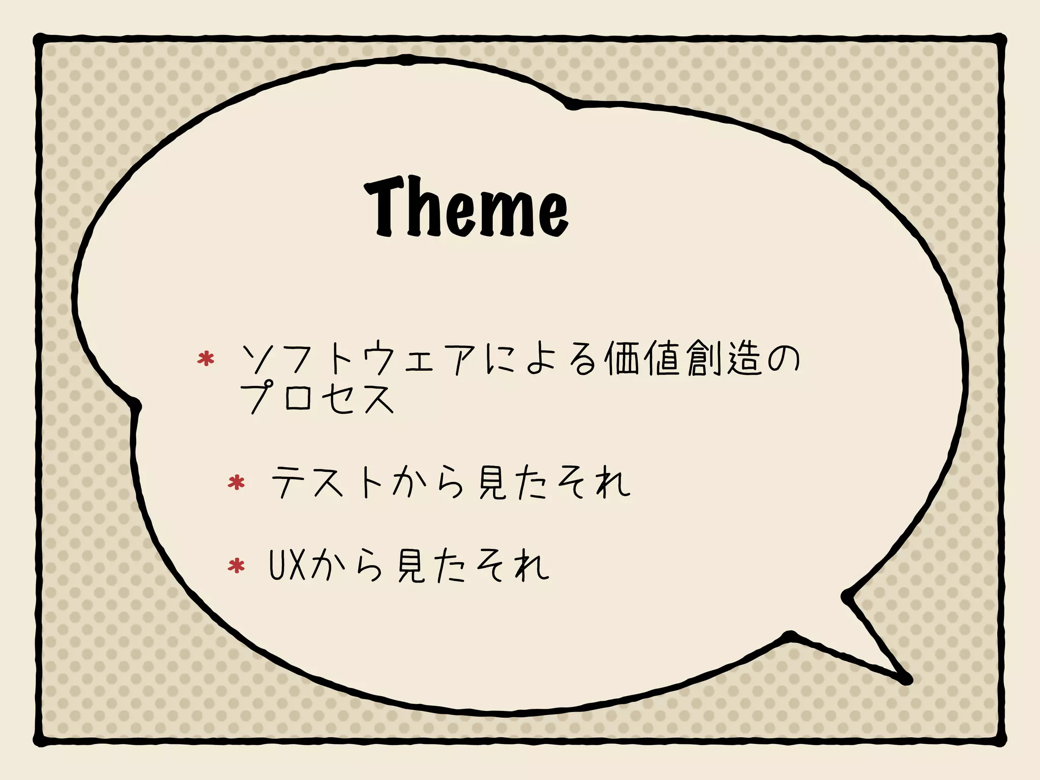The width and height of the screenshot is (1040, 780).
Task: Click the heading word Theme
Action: click(x=466, y=207)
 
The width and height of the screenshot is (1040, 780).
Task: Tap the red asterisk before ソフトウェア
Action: click(x=206, y=359)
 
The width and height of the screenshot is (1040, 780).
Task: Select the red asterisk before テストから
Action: click(x=236, y=482)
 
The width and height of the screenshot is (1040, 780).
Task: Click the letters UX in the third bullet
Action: click(x=287, y=565)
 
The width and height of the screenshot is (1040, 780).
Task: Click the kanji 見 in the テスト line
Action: click(x=492, y=482)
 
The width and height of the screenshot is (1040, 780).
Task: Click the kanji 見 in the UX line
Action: click(x=410, y=565)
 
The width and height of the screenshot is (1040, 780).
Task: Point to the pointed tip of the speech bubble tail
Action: click(x=907, y=679)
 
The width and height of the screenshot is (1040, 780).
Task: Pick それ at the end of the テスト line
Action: click(x=594, y=482)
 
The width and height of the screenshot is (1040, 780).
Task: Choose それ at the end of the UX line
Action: click(x=513, y=565)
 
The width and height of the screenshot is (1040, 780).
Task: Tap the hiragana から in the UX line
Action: click(x=345, y=565)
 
